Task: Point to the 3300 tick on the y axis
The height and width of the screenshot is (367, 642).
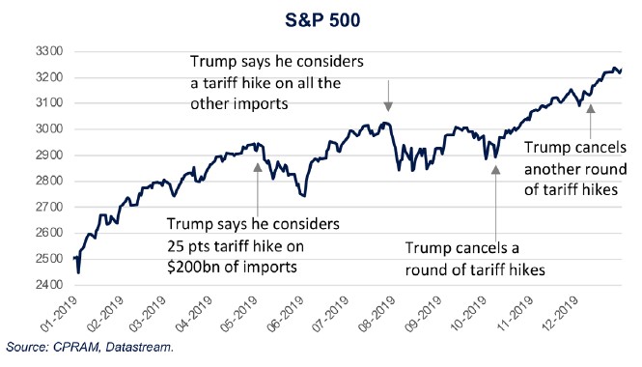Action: pyautogui.click(x=48, y=51)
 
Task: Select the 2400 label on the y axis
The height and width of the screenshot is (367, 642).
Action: pyautogui.click(x=48, y=285)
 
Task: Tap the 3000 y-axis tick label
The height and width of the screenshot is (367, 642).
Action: pyautogui.click(x=48, y=129)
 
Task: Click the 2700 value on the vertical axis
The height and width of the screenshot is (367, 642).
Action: pyautogui.click(x=48, y=208)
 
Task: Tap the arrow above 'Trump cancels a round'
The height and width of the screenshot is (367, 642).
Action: pyautogui.click(x=495, y=197)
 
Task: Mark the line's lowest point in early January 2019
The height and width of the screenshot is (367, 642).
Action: pyautogui.click(x=77, y=272)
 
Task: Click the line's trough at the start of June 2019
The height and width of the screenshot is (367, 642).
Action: pyautogui.click(x=304, y=192)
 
